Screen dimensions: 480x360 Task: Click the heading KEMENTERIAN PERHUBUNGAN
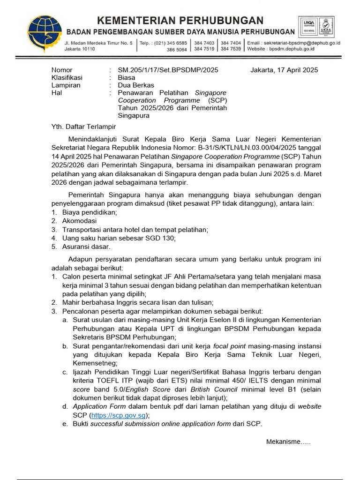pos(180,20)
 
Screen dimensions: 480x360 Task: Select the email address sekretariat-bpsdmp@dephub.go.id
pos(303,43)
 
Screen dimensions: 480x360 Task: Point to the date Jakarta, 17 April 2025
pos(284,70)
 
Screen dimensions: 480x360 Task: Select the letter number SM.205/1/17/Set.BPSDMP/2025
pos(168,70)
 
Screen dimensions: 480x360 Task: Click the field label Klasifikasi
pos(67,78)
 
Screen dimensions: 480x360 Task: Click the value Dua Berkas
pos(136,85)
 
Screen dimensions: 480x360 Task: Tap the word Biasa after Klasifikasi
pos(127,78)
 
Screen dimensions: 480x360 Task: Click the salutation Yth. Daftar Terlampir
pos(83,127)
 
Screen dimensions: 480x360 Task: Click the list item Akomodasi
pos(79,221)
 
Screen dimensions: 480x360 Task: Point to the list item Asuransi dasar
pos(86,247)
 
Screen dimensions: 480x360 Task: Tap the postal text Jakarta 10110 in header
pos(80,49)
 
